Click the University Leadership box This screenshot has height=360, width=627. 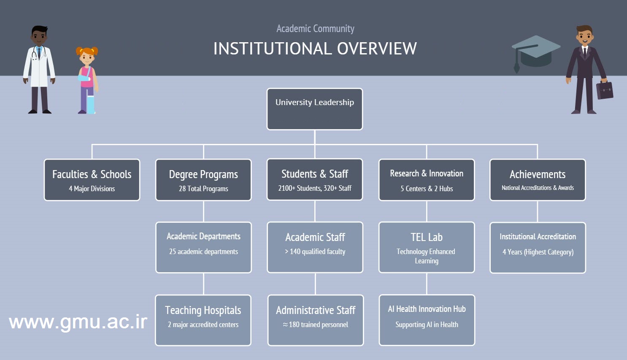pos(315,109)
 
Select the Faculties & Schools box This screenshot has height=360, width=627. pos(92,180)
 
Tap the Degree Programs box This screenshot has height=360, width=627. pos(203,180)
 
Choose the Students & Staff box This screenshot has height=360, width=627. pos(315,179)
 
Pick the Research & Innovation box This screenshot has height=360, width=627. pos(427,180)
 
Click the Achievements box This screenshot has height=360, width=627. pos(538,180)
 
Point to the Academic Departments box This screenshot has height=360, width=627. pos(203,247)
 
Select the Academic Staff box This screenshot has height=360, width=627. pos(315,247)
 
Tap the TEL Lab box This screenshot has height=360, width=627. pos(427,247)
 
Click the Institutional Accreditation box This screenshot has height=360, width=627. pos(538,248)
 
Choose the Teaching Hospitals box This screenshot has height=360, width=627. pos(203,320)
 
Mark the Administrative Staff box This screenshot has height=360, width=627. pos(316,320)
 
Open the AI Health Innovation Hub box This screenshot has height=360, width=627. pos(427,320)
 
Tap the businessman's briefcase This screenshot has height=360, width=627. pos(604,90)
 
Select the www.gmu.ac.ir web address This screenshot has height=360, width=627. pos(78,322)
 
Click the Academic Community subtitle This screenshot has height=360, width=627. pos(315,29)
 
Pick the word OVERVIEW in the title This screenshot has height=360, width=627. pos(377,49)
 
